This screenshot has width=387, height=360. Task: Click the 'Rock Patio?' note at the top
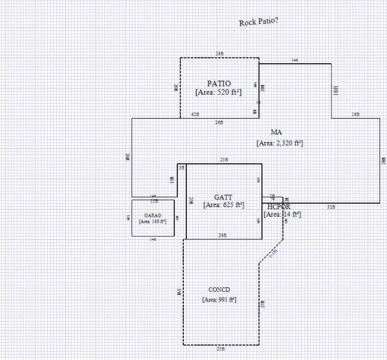coord(259,22)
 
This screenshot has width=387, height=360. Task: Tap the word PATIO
coord(219,83)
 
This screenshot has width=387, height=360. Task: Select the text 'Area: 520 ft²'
coord(219,92)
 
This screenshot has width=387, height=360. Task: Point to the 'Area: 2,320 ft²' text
coord(279,143)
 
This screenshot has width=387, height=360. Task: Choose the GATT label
coord(223,196)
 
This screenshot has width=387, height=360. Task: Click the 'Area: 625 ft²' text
coord(223,205)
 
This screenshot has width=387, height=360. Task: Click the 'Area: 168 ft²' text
coord(153,221)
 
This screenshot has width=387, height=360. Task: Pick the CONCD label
coord(219,289)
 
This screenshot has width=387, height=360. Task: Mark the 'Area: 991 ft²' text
coord(219,300)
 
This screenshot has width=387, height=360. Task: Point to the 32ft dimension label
coord(331,207)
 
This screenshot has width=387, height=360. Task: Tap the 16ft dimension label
coord(355,115)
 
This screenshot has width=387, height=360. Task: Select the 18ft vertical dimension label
coord(336,91)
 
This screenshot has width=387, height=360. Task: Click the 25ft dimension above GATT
coord(223,159)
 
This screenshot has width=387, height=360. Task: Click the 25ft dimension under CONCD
coord(221,349)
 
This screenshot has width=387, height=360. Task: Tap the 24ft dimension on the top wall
coord(295,59)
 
